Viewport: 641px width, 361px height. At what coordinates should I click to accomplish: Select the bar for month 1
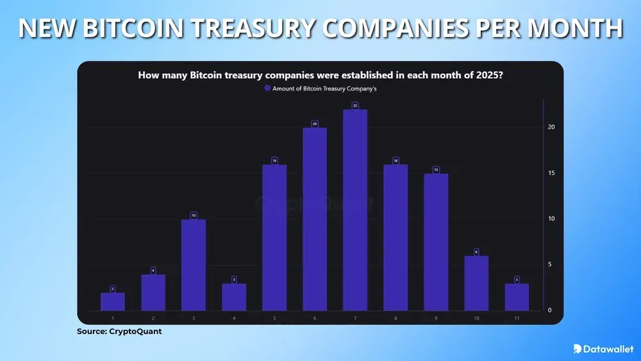(113, 302)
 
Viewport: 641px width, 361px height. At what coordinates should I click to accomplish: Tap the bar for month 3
(194, 265)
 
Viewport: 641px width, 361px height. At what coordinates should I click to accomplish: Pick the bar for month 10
(476, 283)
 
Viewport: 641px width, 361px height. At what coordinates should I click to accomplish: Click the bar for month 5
(274, 238)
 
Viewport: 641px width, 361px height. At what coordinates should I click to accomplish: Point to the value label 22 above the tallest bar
(355, 105)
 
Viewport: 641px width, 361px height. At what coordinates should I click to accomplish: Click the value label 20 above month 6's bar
(315, 124)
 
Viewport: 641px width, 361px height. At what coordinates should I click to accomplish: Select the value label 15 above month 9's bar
(436, 169)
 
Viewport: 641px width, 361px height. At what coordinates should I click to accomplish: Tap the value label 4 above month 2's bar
(153, 271)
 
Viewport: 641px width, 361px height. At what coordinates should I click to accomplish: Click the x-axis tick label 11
(517, 318)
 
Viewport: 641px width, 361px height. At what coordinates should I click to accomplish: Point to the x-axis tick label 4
(234, 318)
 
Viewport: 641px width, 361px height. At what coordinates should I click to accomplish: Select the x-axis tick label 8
(395, 318)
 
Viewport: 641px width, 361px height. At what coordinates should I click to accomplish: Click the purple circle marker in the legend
(268, 89)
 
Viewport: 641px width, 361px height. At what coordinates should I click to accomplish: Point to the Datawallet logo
(601, 348)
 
